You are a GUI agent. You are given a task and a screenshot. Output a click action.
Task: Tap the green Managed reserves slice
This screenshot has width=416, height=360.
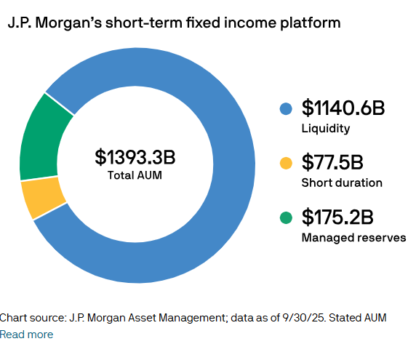pos(41,138)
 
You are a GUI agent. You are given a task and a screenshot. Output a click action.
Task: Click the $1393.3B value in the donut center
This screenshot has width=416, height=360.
pos(135,157)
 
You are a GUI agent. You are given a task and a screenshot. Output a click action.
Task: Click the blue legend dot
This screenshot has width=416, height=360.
pos(286,109)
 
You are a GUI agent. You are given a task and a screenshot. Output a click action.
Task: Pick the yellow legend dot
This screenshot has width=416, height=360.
pos(286,163)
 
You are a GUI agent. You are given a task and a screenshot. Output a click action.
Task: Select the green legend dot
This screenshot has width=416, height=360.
pos(286,217)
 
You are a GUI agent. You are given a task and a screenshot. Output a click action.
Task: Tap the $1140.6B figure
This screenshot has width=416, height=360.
pos(343,109)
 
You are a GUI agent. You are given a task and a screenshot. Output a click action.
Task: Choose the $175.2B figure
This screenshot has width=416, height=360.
pos(337,217)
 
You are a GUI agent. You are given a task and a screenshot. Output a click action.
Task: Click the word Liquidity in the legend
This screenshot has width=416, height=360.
pos(325,129)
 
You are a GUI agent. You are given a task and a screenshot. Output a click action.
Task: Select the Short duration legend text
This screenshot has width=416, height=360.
pos(342,183)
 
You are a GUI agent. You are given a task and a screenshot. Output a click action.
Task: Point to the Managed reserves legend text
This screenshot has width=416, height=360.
pos(353,237)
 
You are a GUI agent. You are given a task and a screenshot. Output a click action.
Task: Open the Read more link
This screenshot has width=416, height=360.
pos(27,335)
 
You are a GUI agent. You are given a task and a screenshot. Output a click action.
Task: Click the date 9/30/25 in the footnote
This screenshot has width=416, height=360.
pos(308,318)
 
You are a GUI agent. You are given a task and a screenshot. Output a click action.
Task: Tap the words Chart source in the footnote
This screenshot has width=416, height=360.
pos(32,318)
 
